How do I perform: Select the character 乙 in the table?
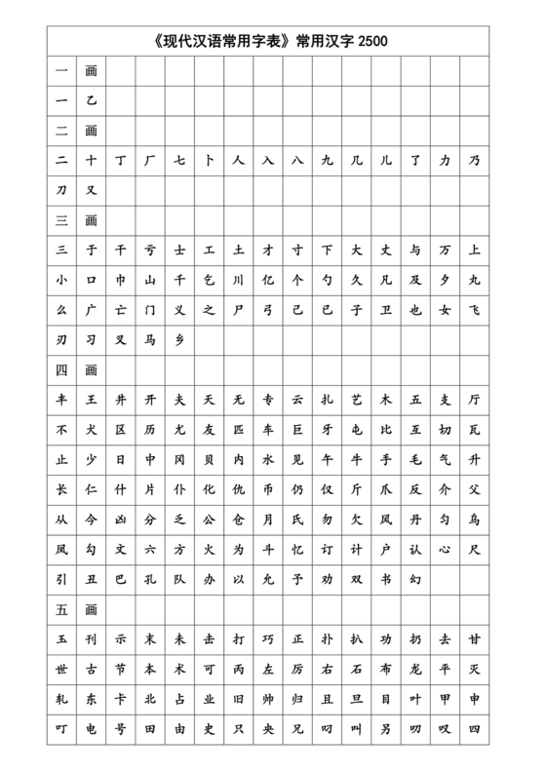tap(91, 99)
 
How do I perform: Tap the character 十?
tap(91, 159)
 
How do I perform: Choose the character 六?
tap(150, 549)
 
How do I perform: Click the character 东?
tap(91, 698)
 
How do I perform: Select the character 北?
tap(150, 698)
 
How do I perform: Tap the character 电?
tap(91, 727)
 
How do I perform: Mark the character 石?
tap(357, 669)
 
